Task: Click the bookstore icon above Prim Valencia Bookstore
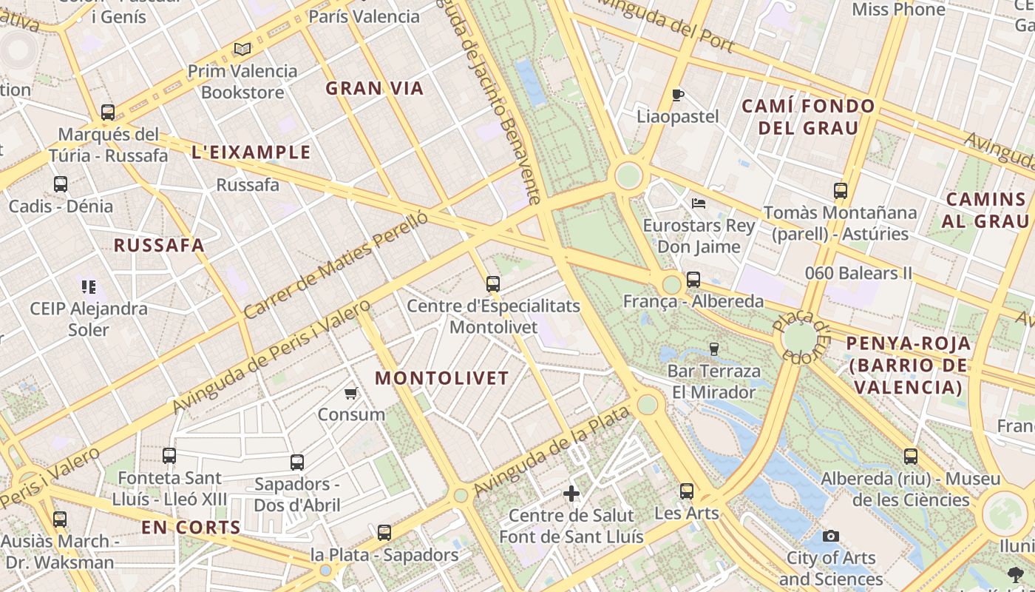coord(242,50)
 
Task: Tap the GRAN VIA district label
coord(375,89)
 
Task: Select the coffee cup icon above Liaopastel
coord(677,95)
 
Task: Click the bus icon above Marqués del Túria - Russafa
coord(108,112)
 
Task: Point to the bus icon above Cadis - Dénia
coord(61,184)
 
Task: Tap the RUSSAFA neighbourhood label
coord(158,246)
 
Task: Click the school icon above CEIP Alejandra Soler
coord(89,286)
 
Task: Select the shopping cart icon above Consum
coord(351,393)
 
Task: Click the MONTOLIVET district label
coord(442,378)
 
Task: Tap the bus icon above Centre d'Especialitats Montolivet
coord(493,283)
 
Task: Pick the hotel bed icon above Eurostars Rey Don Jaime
coord(699,203)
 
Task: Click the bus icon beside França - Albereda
coord(693,280)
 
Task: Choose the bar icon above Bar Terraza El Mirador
coord(713,349)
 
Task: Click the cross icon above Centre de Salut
coord(571,493)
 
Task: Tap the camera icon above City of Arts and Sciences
coord(831,536)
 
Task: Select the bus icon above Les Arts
coord(687,491)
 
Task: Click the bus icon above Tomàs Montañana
coord(841,191)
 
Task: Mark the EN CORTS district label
coord(191,528)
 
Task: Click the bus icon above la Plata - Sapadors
coord(384,532)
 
